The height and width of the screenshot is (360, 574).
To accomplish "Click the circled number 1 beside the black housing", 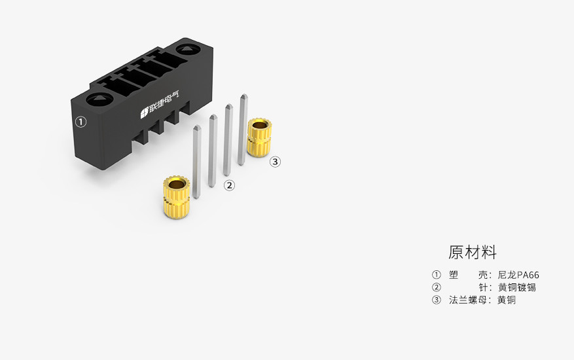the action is (81, 122).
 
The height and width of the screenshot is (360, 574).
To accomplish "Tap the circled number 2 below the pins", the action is (229, 185).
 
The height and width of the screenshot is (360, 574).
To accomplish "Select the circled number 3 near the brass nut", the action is (276, 162).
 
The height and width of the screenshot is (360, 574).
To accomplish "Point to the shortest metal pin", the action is (196, 162).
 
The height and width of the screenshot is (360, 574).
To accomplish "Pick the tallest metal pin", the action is (243, 130).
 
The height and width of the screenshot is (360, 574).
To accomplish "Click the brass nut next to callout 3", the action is (259, 137).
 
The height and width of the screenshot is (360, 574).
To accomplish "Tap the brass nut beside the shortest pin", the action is (177, 197).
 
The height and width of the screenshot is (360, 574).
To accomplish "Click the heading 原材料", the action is (473, 253).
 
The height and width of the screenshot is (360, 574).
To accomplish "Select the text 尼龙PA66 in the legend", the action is (518, 275).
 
